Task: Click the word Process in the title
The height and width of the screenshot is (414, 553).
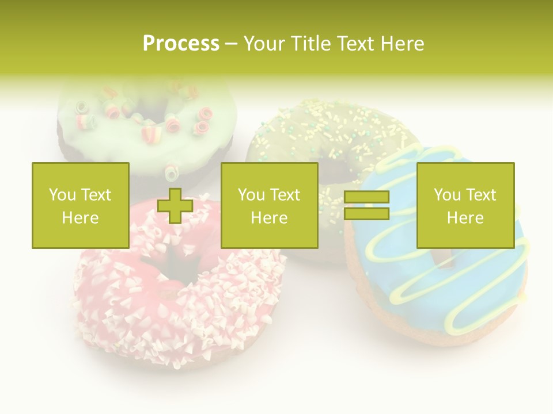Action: [x=181, y=44]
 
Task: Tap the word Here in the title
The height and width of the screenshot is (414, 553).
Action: [x=401, y=44]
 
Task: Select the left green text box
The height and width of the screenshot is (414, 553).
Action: [x=80, y=205]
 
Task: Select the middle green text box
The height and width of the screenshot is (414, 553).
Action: [x=269, y=205]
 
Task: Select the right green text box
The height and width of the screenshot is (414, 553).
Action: [x=465, y=205]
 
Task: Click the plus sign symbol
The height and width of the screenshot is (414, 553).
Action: [x=175, y=205]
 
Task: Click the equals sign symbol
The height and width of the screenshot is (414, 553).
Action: [x=366, y=205]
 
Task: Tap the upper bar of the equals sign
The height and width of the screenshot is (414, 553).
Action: [x=366, y=197]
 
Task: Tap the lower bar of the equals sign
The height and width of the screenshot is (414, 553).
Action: [x=366, y=214]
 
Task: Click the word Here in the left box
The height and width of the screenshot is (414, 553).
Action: [x=80, y=218]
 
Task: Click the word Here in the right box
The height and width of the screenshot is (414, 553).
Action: [x=465, y=218]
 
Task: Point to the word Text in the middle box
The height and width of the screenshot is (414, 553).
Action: [x=286, y=195]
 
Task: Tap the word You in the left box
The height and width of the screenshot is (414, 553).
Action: [x=62, y=195]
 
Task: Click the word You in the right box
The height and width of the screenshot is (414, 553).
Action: [x=446, y=195]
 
